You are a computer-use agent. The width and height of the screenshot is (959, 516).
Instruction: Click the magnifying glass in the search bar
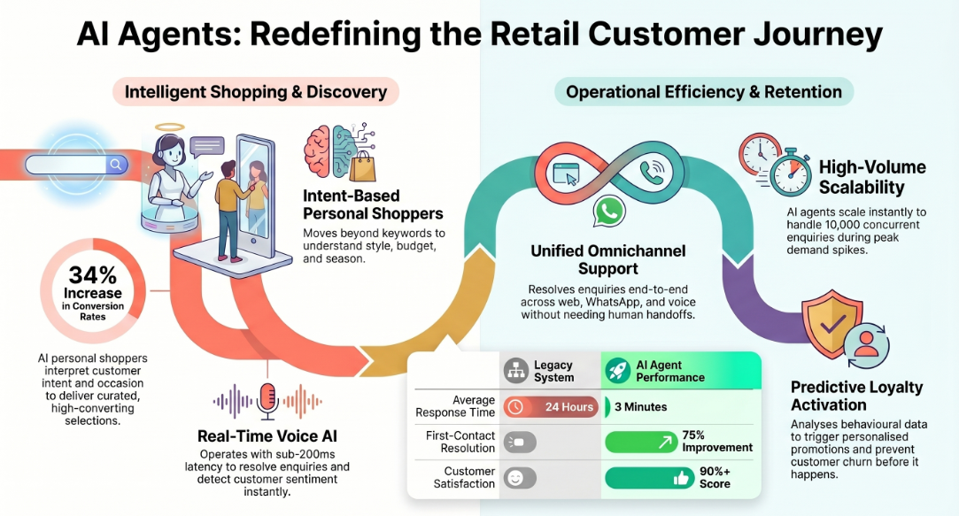pos(115,164)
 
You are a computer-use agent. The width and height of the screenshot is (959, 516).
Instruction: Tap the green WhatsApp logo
pos(609,212)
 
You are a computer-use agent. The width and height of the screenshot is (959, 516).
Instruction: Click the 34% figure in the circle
pos(92,275)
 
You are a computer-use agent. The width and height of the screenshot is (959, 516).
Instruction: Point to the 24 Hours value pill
pos(551,406)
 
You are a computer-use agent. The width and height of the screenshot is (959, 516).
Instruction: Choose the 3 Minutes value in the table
pos(640,407)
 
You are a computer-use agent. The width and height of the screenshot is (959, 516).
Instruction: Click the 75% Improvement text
pos(716,442)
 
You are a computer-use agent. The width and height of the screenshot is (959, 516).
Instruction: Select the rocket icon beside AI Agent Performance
pos(618,371)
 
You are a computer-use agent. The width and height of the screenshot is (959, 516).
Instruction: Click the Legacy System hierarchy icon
pos(516,371)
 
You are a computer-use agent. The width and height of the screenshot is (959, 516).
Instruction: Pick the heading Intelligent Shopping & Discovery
pos(256,92)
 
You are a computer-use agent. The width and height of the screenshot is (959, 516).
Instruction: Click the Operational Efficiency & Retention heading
pos(704,92)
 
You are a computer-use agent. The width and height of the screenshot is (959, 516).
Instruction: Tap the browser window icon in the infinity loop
pos(565,173)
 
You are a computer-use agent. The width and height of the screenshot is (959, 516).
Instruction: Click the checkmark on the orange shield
pos(832,323)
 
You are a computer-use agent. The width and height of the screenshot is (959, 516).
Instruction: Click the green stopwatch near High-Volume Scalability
pos(791,173)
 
